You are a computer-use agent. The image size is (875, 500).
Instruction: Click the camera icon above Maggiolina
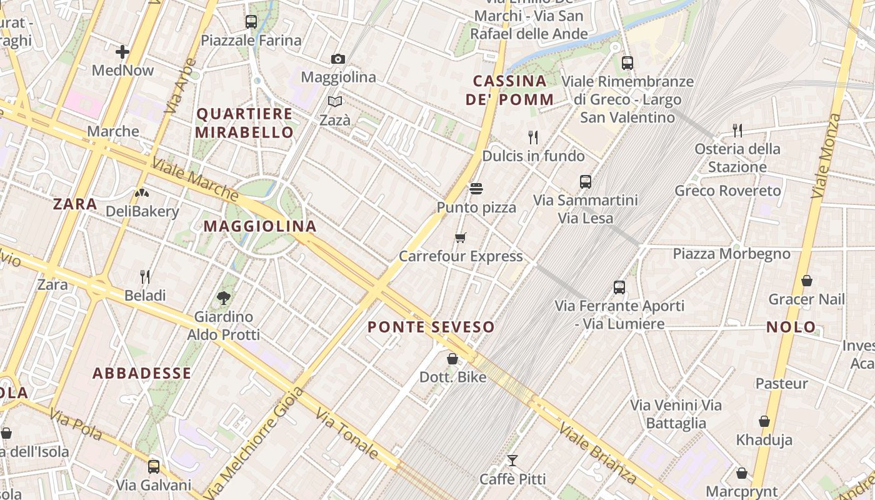click(x=338, y=59)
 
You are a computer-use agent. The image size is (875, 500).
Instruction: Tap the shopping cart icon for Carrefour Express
click(x=461, y=237)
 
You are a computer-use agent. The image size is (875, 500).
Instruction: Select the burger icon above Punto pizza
click(x=476, y=189)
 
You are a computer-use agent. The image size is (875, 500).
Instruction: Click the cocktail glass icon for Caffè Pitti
click(x=512, y=461)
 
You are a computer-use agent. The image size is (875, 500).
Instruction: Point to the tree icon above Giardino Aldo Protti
click(x=223, y=298)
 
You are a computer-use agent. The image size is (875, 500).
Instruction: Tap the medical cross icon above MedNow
click(x=122, y=52)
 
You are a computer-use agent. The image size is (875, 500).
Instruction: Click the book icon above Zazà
click(x=335, y=101)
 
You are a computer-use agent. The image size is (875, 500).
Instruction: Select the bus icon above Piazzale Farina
click(x=251, y=22)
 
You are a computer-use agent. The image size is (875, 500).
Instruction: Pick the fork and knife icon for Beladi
click(x=145, y=276)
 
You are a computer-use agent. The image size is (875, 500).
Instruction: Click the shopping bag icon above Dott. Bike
click(x=452, y=359)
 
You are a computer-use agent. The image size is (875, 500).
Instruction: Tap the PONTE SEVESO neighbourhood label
click(x=431, y=327)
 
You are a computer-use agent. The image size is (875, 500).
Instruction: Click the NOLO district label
click(x=791, y=327)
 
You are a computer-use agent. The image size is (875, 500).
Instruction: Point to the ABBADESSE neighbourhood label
click(x=142, y=374)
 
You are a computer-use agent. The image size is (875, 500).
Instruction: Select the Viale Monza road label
click(x=826, y=156)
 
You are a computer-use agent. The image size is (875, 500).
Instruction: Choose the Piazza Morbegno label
click(x=731, y=254)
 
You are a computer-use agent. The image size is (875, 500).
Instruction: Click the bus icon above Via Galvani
click(x=154, y=466)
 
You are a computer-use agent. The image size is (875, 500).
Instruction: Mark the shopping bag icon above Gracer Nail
click(x=807, y=281)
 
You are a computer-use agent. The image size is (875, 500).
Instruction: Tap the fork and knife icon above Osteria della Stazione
click(x=737, y=130)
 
